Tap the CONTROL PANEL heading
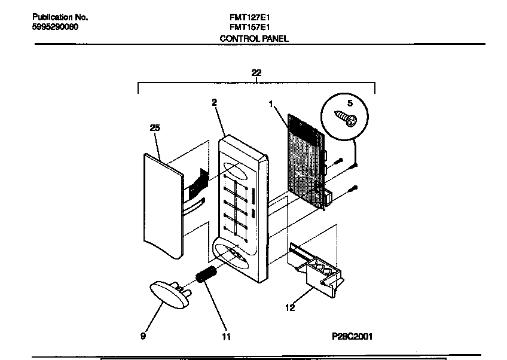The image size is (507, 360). pyautogui.click(x=254, y=39)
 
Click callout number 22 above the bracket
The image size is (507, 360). pyautogui.click(x=256, y=72)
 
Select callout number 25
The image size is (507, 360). pyautogui.click(x=154, y=127)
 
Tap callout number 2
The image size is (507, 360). pyautogui.click(x=213, y=102)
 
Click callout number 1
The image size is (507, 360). pyautogui.click(x=271, y=104)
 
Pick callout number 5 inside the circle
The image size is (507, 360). pyautogui.click(x=350, y=103)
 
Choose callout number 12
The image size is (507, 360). pyautogui.click(x=290, y=309)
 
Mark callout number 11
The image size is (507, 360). pyautogui.click(x=226, y=336)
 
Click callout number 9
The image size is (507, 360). pyautogui.click(x=143, y=336)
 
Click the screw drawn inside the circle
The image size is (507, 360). pyautogui.click(x=344, y=117)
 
